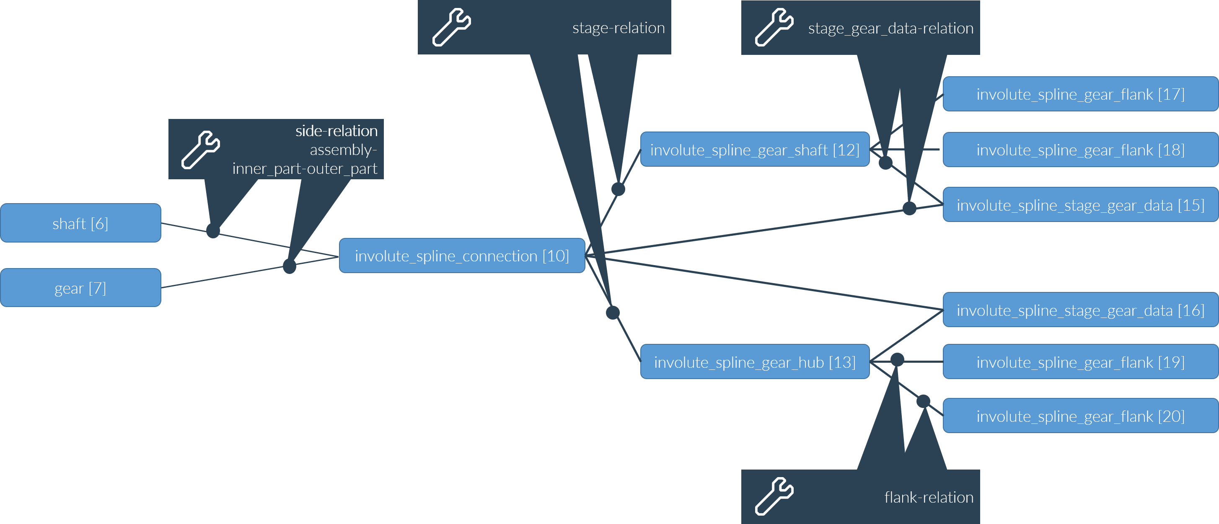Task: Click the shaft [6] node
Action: point(80,223)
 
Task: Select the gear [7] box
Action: point(80,288)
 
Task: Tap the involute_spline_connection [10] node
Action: point(462,256)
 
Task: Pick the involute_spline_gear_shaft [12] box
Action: point(755,150)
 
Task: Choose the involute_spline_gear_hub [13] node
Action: point(755,362)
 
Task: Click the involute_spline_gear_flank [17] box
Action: point(1080,95)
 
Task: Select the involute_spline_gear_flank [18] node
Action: point(1080,150)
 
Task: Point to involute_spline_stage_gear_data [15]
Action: point(1080,205)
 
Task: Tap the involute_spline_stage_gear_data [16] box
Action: point(1080,310)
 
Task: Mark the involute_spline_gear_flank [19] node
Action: point(1080,362)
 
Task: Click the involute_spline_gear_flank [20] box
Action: point(1080,416)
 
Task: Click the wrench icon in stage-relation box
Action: point(451,27)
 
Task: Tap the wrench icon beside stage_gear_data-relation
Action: point(774,27)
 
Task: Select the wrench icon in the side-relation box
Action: point(201,150)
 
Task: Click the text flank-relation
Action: point(929,497)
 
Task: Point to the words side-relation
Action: point(336,131)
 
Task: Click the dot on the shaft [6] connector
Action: point(213,231)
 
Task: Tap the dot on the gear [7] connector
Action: point(289,266)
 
